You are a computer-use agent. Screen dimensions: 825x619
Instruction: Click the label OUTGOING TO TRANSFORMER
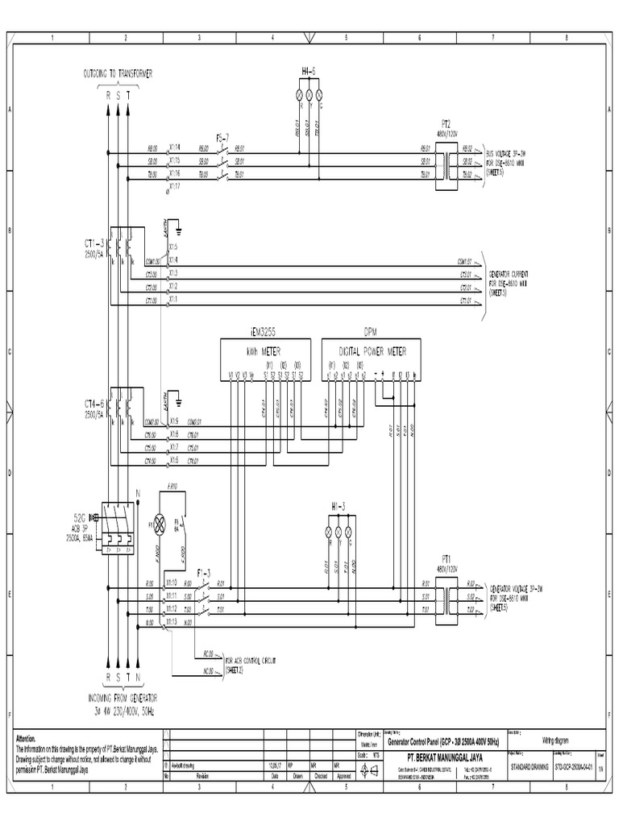point(118,73)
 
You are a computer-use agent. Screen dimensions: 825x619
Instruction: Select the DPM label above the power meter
point(370,331)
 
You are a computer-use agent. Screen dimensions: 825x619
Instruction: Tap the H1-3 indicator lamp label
point(339,506)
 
